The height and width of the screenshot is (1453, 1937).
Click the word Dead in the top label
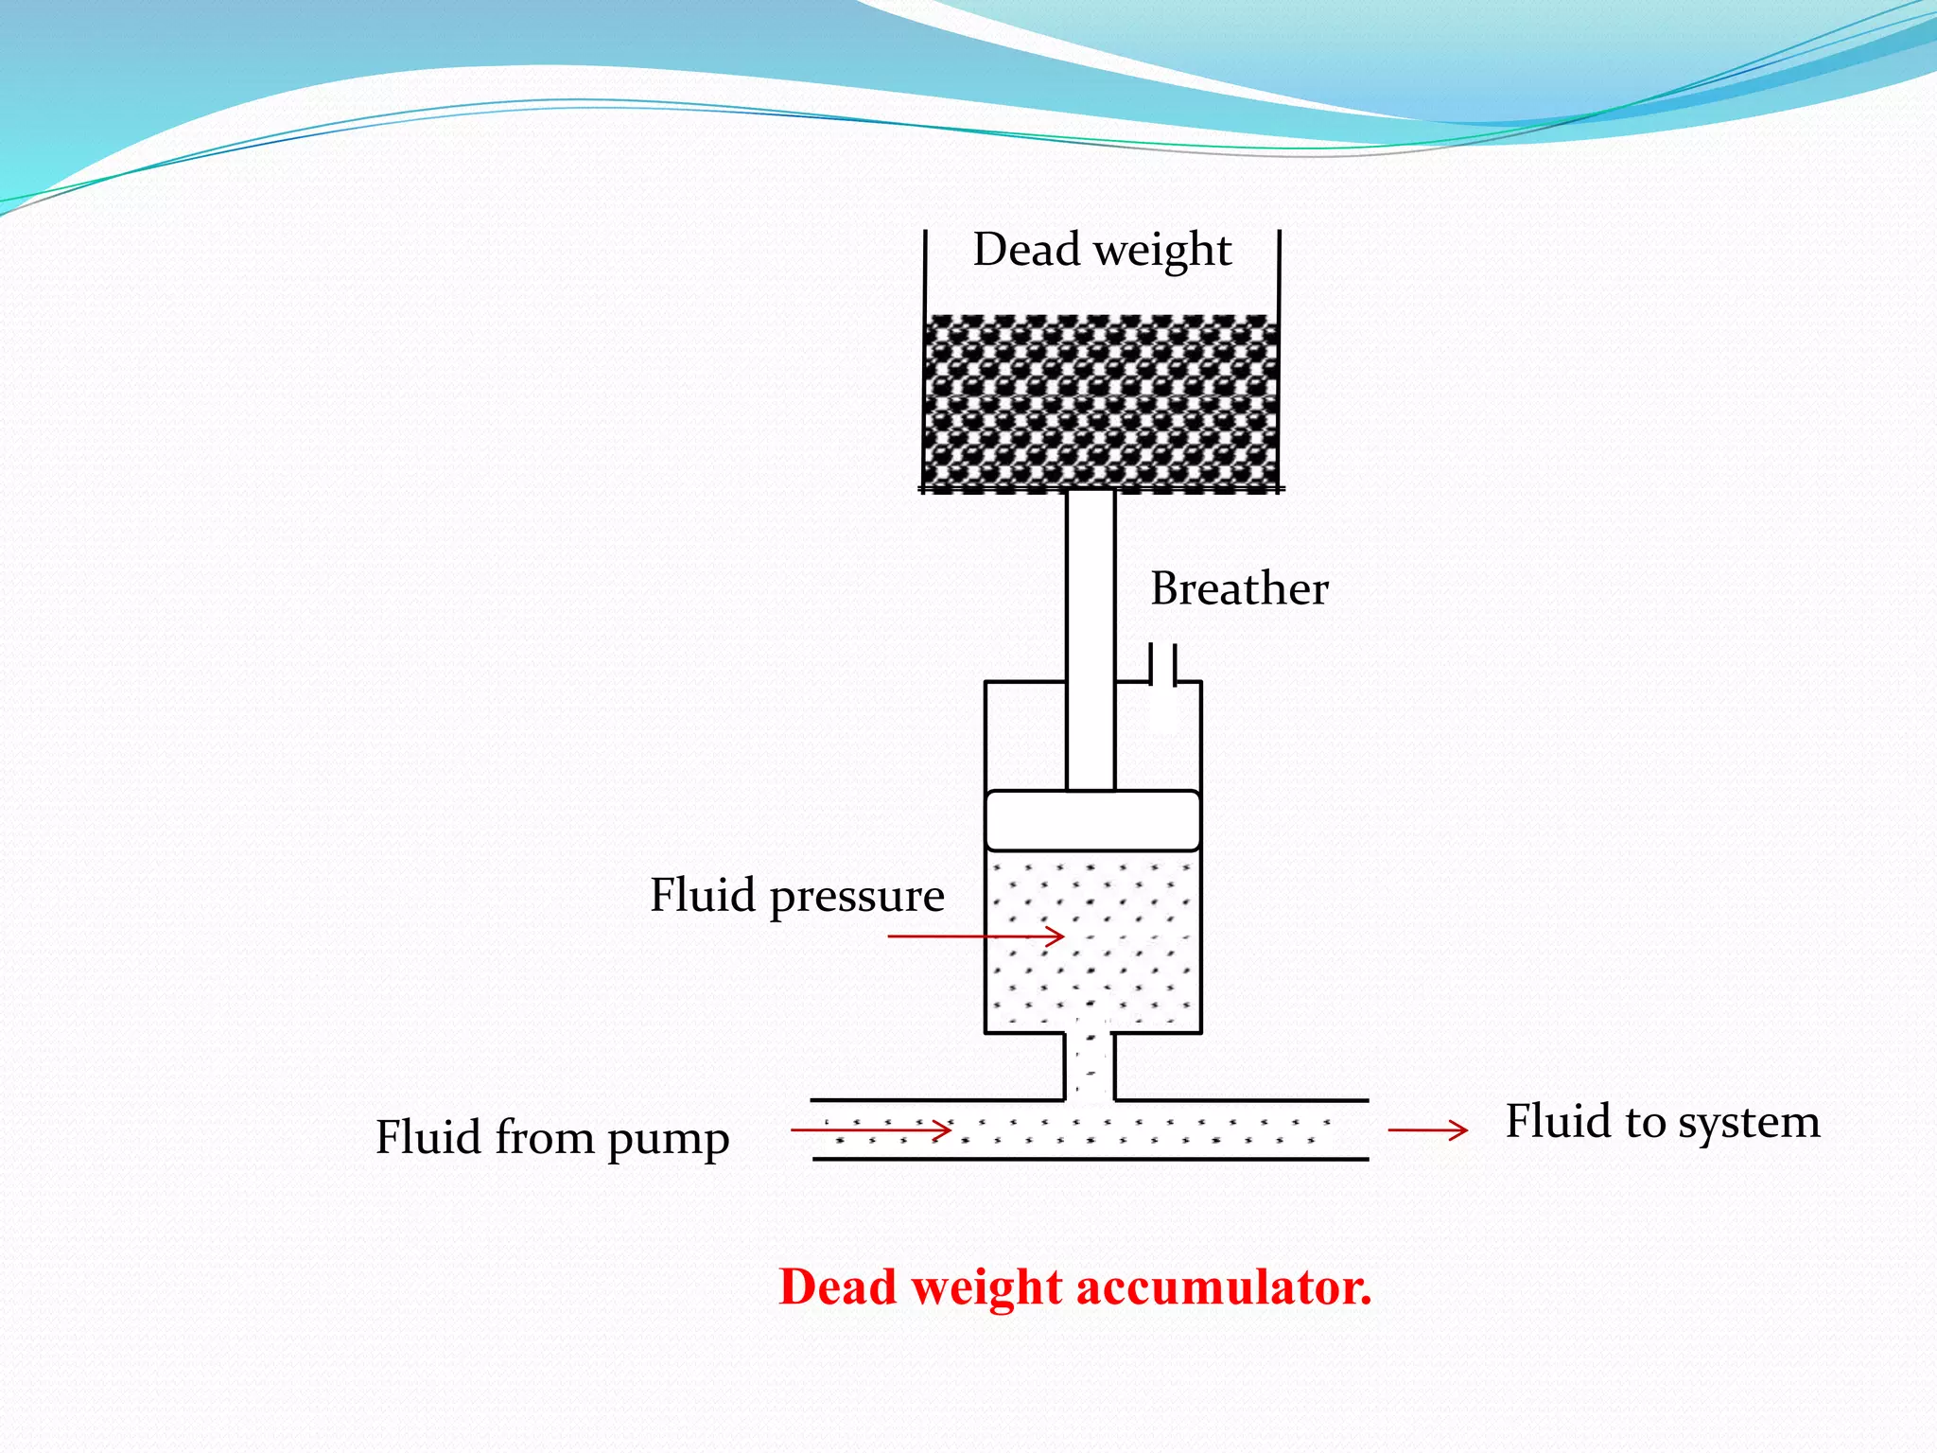[1026, 250]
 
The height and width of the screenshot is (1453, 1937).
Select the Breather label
[1239, 588]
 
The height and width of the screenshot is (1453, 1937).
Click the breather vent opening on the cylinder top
[1162, 665]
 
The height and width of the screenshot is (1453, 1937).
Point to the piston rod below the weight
[1091, 634]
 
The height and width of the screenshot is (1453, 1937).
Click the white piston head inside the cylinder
[1092, 821]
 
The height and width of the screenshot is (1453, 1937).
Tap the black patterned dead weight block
[1101, 402]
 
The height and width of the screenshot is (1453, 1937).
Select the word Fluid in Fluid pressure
[702, 895]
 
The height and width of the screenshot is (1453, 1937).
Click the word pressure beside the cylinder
[857, 897]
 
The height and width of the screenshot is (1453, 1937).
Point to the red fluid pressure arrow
[975, 937]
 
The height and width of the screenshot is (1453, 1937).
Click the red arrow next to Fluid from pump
[870, 1129]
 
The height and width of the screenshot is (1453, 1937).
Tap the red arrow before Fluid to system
[1427, 1129]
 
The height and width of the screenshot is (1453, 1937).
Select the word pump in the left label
[668, 1139]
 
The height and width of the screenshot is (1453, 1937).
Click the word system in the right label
[1749, 1123]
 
